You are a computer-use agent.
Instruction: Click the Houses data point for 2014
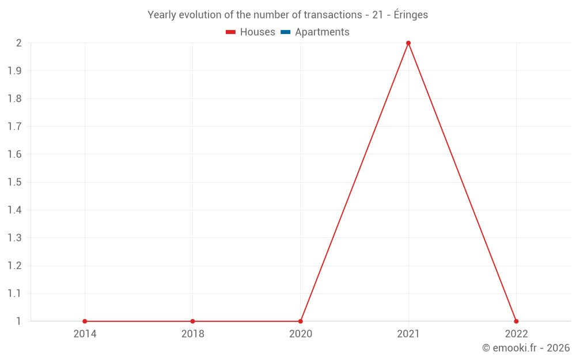pos(85,321)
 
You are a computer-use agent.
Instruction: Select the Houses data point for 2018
pos(192,321)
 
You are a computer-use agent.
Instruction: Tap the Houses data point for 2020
pos(301,321)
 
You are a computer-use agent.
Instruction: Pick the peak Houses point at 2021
pos(408,43)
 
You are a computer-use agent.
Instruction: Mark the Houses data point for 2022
pos(516,321)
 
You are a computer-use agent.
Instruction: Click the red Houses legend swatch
pos(231,32)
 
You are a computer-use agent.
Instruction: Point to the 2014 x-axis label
pos(85,334)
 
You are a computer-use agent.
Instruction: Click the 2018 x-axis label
pos(192,334)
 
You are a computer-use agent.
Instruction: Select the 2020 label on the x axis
pos(301,334)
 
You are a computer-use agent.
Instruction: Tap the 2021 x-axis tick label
pos(408,334)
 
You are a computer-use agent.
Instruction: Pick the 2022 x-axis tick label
pos(516,334)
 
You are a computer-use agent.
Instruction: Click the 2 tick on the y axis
pos(18,43)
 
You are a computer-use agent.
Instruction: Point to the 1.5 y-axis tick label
pos(14,182)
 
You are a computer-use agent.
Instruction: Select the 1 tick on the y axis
pos(18,321)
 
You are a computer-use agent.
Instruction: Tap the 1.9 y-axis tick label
pos(14,71)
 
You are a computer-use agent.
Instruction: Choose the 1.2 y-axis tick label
pos(14,266)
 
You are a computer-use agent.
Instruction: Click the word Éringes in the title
pos(411,15)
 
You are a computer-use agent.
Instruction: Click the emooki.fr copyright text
pos(526,348)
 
